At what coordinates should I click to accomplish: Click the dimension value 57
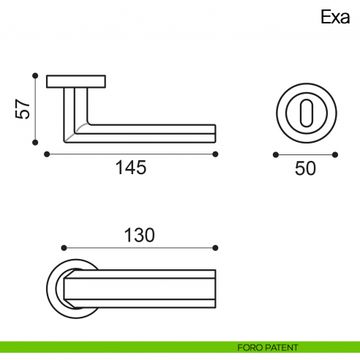[23, 109]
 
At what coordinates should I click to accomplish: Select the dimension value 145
[131, 168]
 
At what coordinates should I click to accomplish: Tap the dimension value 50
[305, 168]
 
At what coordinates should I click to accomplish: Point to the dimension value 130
[139, 235]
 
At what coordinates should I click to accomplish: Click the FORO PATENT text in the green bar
[268, 347]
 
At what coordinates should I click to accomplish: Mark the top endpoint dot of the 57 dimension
[34, 75]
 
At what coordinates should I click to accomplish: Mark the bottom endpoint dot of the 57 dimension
[34, 143]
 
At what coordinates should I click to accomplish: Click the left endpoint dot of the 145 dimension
[47, 154]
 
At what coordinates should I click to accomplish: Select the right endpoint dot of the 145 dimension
[216, 154]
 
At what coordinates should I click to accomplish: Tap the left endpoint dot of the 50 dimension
[275, 155]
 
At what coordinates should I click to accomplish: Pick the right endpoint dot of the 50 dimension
[335, 155]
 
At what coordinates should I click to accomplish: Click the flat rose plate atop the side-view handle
[77, 81]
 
